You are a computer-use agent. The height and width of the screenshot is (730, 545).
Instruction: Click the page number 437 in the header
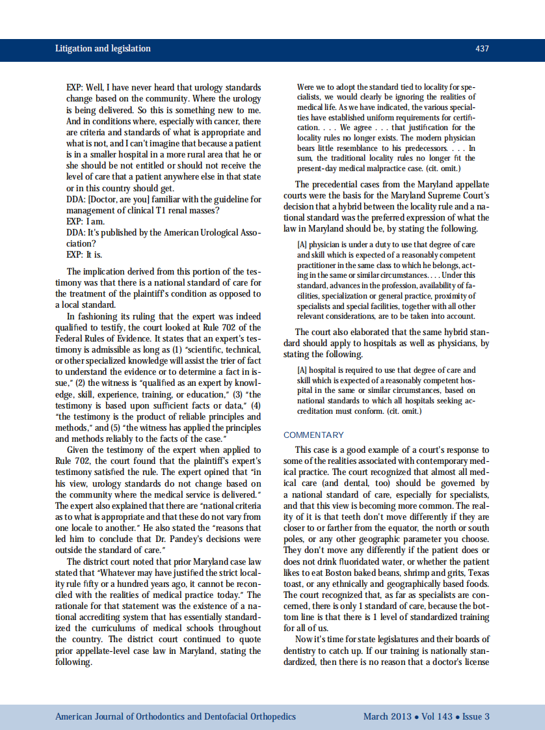point(482,49)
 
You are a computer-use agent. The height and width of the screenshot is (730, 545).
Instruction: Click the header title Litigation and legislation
point(103,49)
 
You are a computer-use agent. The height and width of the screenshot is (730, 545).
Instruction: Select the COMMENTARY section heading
point(313,435)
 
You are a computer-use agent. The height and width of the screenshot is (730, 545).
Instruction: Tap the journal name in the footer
point(176,716)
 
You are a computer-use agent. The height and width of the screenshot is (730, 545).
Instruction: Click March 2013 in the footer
point(387,716)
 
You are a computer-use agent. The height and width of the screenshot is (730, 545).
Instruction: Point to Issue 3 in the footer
point(475,716)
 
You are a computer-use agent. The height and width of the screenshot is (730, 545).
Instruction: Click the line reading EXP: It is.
point(84,255)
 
